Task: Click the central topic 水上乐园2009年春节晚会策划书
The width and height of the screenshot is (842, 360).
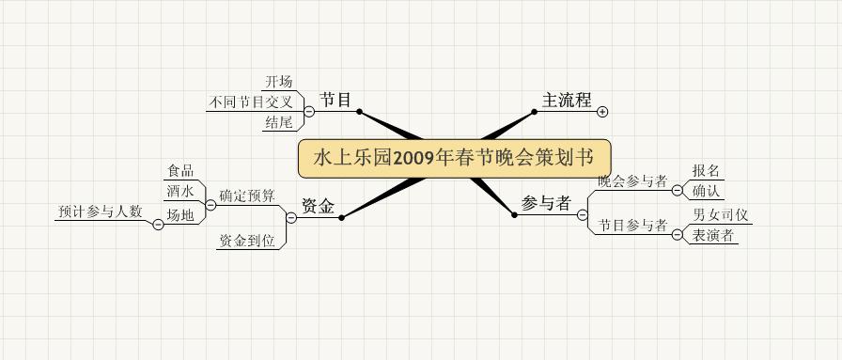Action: click(x=454, y=159)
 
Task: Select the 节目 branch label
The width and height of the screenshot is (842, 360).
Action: click(x=335, y=100)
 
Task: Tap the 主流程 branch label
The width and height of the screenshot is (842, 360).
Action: click(x=567, y=100)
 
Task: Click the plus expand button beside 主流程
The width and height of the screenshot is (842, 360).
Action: click(x=602, y=112)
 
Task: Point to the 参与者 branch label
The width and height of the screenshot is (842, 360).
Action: click(x=546, y=203)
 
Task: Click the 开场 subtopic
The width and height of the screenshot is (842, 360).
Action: click(x=279, y=82)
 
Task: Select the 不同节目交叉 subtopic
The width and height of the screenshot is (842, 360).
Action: click(x=251, y=102)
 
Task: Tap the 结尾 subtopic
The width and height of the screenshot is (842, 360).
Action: click(x=279, y=122)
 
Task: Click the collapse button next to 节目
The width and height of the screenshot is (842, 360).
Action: click(x=309, y=111)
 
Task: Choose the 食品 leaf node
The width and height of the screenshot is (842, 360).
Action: click(x=180, y=171)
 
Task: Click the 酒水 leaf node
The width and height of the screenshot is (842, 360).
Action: click(x=180, y=191)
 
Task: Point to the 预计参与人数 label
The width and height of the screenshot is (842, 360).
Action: click(x=101, y=211)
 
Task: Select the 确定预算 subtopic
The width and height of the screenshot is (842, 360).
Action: click(x=247, y=196)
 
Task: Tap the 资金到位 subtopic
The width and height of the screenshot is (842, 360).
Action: click(x=247, y=242)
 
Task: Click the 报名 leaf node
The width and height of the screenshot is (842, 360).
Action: click(x=706, y=171)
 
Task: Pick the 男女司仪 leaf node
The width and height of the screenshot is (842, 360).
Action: click(x=720, y=215)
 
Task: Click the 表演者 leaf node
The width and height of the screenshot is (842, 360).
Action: click(x=712, y=235)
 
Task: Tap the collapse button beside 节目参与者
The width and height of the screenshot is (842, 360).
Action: click(x=678, y=235)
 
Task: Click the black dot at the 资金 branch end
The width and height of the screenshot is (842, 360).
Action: click(x=341, y=218)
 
